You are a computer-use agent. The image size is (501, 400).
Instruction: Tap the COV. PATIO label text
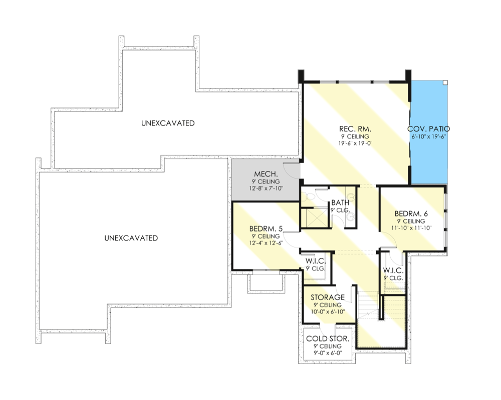(x=428, y=128)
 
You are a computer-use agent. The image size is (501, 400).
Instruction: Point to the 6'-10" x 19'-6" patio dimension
(x=428, y=136)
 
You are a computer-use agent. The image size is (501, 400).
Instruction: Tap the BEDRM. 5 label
(x=266, y=229)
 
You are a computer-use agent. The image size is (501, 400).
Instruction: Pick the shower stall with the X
(x=311, y=217)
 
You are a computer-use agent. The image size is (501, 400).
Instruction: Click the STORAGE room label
(x=328, y=297)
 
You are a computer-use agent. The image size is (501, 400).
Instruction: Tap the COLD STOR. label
(x=328, y=338)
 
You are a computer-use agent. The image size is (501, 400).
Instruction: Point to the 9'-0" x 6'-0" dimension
(x=328, y=353)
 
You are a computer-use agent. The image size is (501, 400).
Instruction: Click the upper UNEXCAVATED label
(x=167, y=123)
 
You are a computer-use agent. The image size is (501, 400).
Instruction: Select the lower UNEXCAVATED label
(x=131, y=238)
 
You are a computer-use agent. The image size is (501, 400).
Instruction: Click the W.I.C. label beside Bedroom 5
(x=316, y=261)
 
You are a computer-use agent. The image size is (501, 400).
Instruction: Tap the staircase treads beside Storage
(x=368, y=302)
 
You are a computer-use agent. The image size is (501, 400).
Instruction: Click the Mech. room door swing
(x=292, y=170)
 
